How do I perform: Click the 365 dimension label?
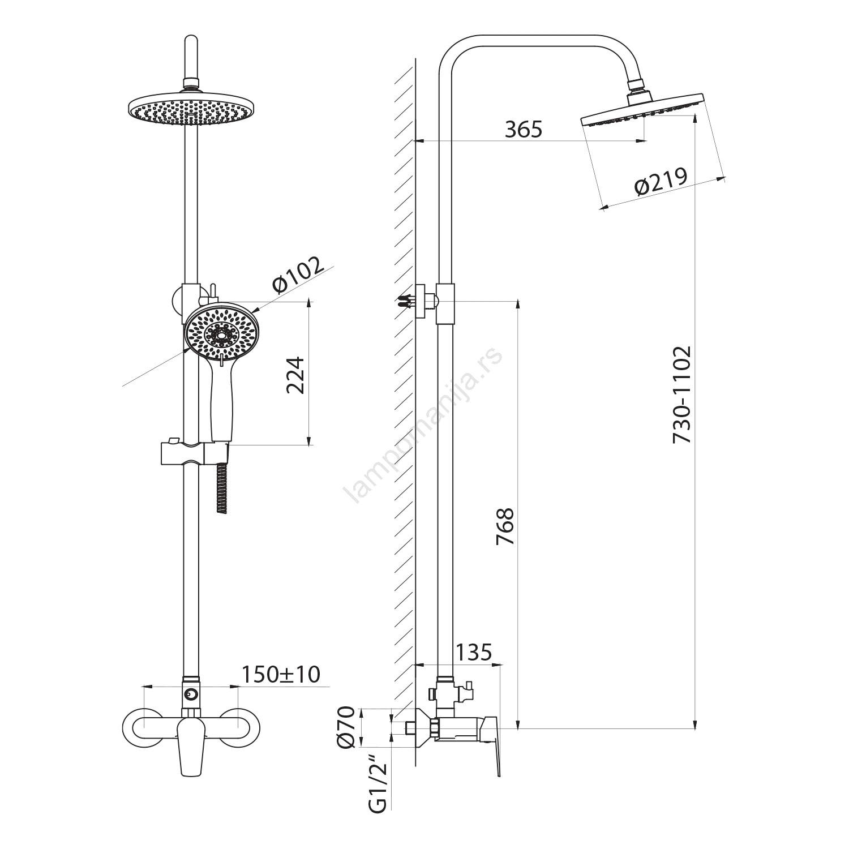pos(524,130)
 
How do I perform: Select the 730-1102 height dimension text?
pos(682,395)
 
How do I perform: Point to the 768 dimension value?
pos(505,526)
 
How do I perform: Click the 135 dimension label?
pos(473,652)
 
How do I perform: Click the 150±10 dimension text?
pos(281,674)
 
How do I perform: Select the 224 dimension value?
pos(295,375)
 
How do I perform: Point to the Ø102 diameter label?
pos(299,276)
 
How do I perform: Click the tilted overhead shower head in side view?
pos(643,109)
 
